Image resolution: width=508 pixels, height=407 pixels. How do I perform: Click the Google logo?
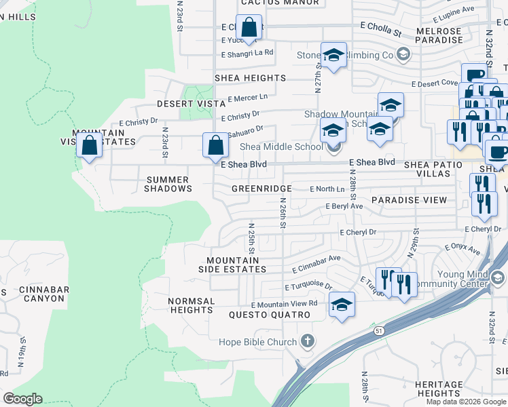[23, 399]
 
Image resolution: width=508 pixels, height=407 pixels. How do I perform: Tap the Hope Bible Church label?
[258, 342]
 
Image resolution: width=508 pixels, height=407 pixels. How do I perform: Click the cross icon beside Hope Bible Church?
[308, 340]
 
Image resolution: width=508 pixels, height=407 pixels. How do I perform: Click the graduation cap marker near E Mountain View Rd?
[342, 305]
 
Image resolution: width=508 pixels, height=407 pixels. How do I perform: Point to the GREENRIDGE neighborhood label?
[261, 188]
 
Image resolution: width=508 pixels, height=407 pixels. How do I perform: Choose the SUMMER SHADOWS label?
[168, 184]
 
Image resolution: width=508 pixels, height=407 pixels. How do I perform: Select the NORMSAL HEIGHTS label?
[192, 305]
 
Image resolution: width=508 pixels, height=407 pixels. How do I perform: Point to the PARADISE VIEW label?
[409, 200]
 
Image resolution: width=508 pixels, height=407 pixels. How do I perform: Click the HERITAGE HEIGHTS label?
[439, 389]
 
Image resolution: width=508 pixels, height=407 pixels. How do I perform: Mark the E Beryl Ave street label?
[344, 206]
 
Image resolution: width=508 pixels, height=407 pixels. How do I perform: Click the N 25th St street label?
[251, 238]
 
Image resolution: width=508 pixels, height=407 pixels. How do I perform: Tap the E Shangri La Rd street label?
[247, 53]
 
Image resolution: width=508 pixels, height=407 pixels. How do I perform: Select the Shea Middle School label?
[281, 147]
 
